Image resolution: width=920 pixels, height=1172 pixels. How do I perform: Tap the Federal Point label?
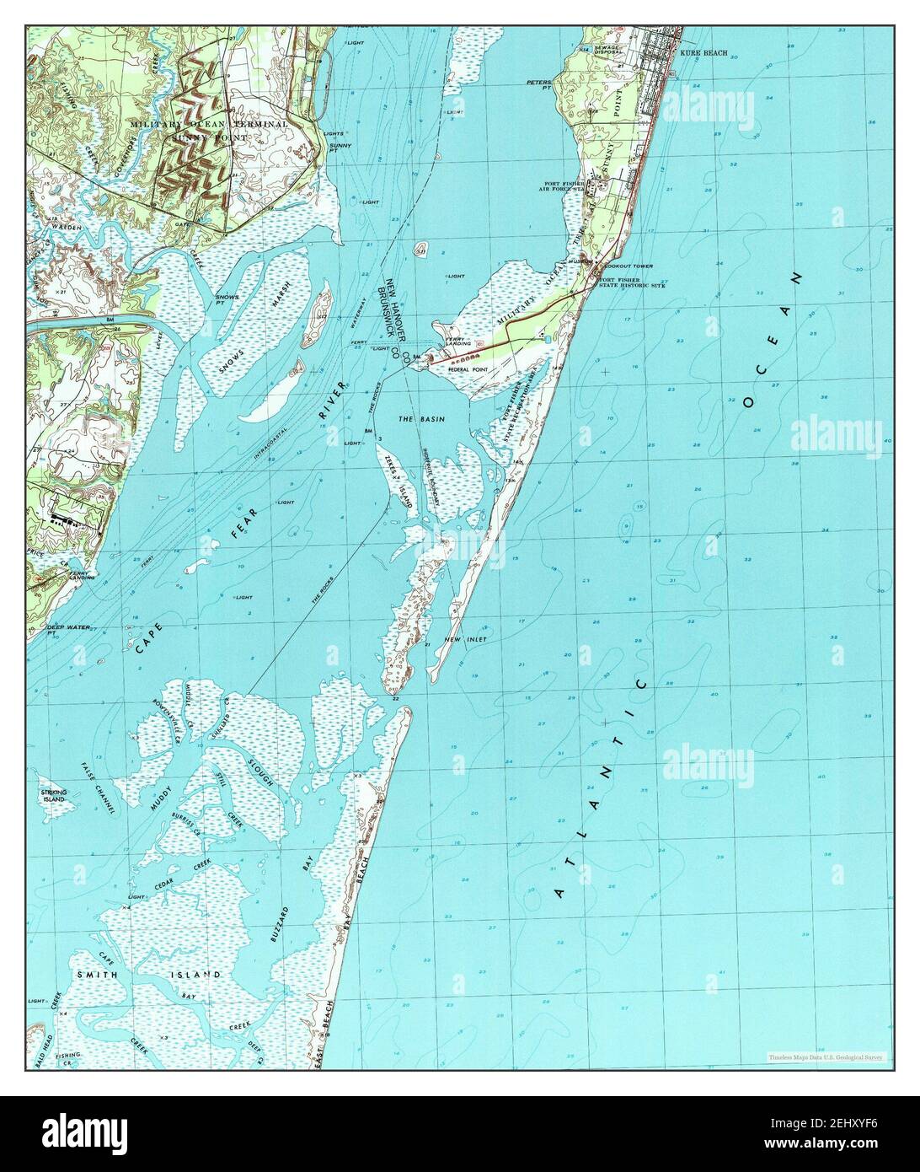pyautogui.click(x=469, y=369)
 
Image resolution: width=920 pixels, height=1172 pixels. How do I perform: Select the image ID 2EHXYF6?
pyautogui.click(x=860, y=1135)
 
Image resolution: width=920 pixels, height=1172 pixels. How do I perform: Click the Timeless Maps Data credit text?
pyautogui.click(x=824, y=1056)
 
